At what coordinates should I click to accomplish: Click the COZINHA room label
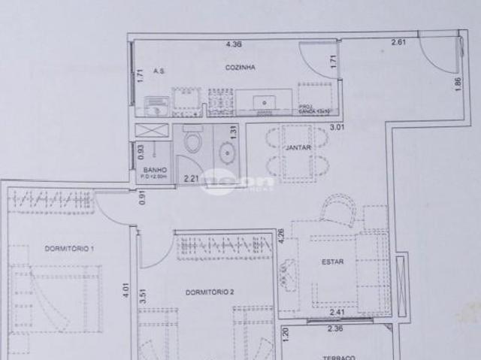tap(240, 68)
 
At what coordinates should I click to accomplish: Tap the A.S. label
tap(159, 71)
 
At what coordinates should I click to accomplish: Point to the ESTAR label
tap(332, 262)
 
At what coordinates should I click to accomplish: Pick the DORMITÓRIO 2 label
tap(211, 292)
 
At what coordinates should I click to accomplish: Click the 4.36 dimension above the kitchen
tap(234, 44)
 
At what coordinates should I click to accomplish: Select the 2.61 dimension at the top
tap(398, 42)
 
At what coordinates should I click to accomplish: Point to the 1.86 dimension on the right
tap(458, 85)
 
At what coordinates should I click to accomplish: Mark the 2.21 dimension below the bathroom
tap(192, 178)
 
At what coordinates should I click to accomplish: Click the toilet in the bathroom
tap(193, 142)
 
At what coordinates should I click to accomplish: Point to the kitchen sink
tap(265, 101)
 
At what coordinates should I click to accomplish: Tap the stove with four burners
tap(220, 101)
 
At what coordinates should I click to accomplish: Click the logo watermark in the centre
tap(238, 181)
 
